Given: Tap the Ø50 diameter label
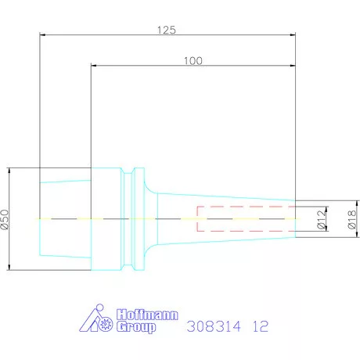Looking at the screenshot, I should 6,219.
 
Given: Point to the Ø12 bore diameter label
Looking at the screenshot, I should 320,219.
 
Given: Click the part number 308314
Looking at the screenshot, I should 214,327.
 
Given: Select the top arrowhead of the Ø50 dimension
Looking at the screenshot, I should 11,170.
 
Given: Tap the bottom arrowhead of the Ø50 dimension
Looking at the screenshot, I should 11,268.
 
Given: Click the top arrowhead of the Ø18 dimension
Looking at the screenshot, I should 344,203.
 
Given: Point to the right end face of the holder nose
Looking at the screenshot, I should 295,218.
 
